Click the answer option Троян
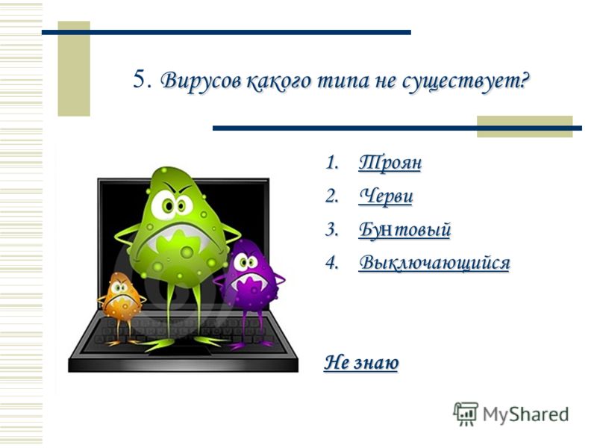click(x=390, y=163)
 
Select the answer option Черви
click(x=386, y=196)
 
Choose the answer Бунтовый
click(x=404, y=230)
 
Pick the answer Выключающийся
click(x=434, y=263)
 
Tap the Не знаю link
click(x=361, y=362)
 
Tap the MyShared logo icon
click(x=465, y=414)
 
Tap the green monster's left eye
click(x=163, y=206)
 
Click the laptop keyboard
click(x=183, y=331)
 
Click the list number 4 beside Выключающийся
click(x=331, y=264)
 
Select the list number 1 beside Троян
click(x=331, y=163)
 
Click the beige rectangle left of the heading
click(x=74, y=69)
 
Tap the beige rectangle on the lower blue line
click(x=525, y=126)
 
